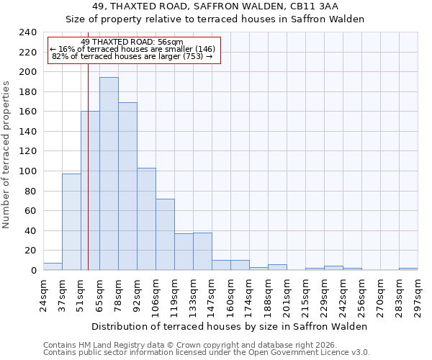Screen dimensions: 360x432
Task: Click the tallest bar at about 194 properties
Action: (x=109, y=174)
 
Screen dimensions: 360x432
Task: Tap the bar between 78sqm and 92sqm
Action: (x=127, y=186)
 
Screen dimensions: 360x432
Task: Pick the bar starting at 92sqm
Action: (x=146, y=219)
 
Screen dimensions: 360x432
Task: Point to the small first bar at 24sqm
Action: (x=53, y=266)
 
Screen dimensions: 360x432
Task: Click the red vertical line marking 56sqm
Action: (x=88, y=180)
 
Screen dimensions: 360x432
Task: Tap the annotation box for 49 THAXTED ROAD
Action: (x=133, y=50)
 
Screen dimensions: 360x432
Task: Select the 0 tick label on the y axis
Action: (x=33, y=271)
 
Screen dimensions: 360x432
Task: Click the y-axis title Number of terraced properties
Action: (x=6, y=155)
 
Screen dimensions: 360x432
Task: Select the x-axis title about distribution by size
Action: (x=230, y=326)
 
